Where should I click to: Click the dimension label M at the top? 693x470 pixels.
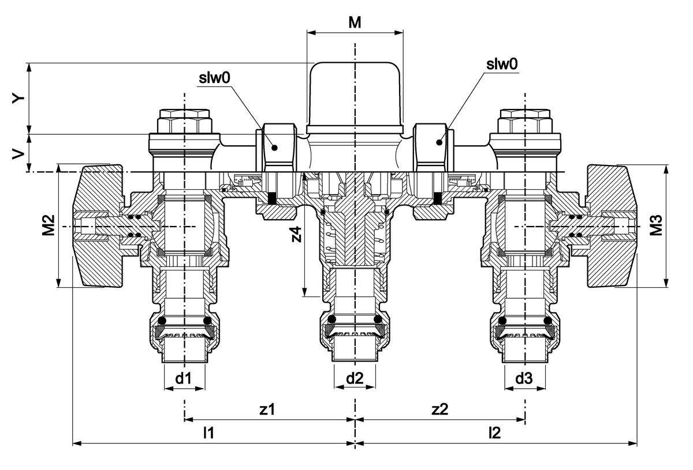[355, 22]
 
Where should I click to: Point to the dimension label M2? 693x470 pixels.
[49, 226]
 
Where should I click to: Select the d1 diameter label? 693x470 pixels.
[184, 379]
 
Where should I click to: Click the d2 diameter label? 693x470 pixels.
[355, 379]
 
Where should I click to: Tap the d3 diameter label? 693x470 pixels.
[524, 379]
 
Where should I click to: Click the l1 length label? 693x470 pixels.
[208, 433]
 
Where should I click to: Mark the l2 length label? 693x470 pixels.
[494, 433]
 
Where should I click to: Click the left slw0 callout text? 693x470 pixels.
[214, 78]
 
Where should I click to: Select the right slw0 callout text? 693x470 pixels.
[501, 65]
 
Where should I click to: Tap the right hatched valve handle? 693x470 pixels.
[611, 226]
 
